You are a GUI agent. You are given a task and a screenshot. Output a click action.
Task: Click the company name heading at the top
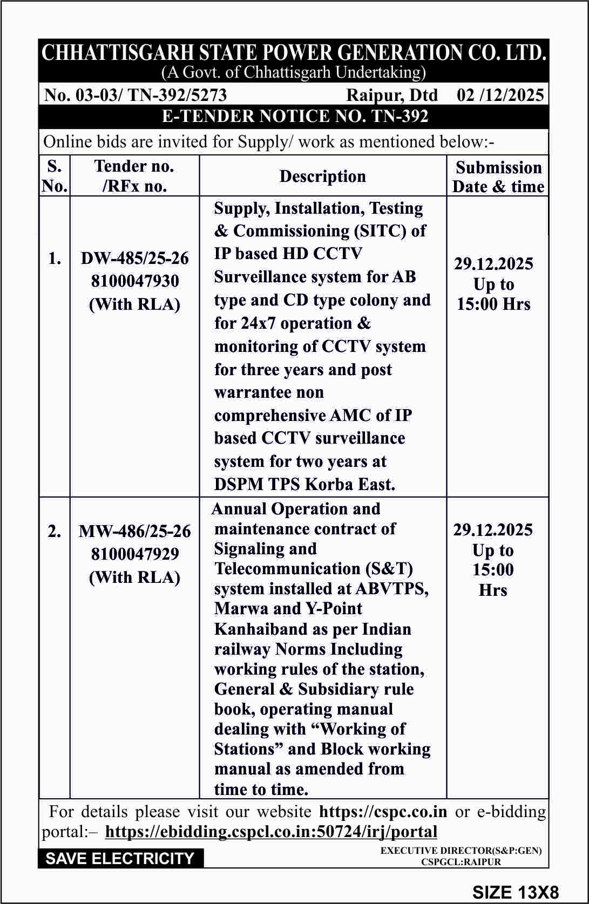point(294,53)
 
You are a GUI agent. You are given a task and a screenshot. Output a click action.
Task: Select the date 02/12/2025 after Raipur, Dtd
point(500,95)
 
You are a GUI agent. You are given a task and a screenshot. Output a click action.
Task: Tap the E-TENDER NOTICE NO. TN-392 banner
point(295,117)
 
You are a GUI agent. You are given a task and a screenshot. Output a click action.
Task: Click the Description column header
point(322,176)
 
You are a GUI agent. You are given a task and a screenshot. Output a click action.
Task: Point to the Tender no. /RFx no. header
point(134,176)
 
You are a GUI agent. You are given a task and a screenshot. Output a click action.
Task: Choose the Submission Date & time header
point(498,176)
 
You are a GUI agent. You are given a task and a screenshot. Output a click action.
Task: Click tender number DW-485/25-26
point(134,259)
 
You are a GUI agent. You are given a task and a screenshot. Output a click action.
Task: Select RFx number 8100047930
point(134,281)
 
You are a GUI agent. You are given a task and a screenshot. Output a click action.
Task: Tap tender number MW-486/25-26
point(134,532)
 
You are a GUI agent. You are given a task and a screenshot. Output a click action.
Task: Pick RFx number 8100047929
point(134,554)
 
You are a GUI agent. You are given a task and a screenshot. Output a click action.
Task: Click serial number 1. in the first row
point(55,259)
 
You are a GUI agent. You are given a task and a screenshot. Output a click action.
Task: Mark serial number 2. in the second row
point(55,532)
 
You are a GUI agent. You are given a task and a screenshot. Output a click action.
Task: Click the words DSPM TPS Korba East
point(304,484)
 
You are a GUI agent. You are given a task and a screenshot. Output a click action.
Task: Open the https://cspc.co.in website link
point(383,812)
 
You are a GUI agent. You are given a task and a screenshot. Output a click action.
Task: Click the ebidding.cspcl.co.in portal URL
point(271,832)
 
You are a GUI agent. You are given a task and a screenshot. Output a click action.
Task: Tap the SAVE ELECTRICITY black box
point(120,858)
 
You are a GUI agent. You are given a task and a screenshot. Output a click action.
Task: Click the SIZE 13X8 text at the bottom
point(515,892)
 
